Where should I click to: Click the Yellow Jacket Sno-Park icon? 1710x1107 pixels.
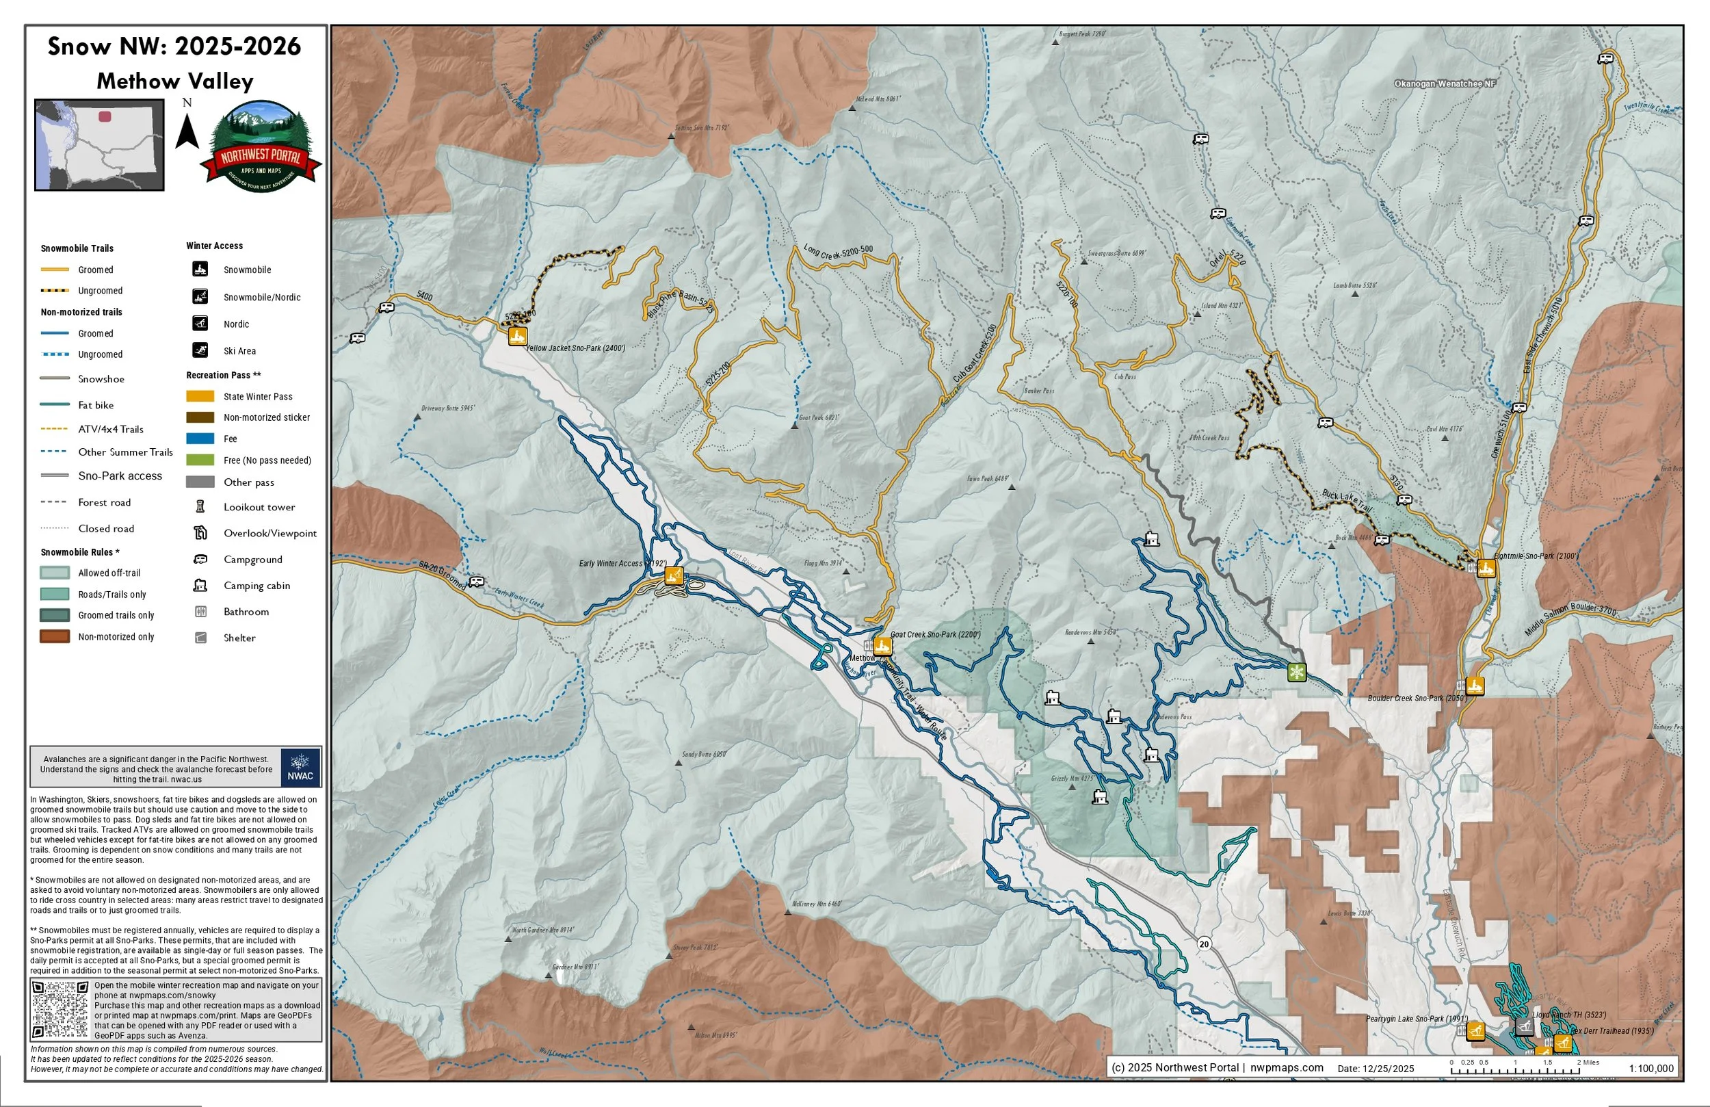[517, 336]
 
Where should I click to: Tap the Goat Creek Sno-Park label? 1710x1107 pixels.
[935, 635]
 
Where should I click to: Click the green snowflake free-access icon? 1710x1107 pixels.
[1296, 673]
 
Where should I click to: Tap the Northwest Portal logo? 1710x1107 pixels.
[261, 147]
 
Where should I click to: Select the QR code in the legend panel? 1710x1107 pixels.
[60, 1009]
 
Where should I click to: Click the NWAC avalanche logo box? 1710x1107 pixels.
[300, 768]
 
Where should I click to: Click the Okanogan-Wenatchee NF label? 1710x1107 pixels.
[1444, 84]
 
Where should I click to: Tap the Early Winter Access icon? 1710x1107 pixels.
[673, 575]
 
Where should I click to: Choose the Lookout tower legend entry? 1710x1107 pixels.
[259, 508]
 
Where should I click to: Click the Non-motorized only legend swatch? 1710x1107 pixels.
[55, 637]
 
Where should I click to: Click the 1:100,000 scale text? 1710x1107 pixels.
[1651, 1069]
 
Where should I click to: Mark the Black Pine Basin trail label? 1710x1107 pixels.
[680, 304]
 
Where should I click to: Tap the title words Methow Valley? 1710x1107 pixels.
[174, 81]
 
